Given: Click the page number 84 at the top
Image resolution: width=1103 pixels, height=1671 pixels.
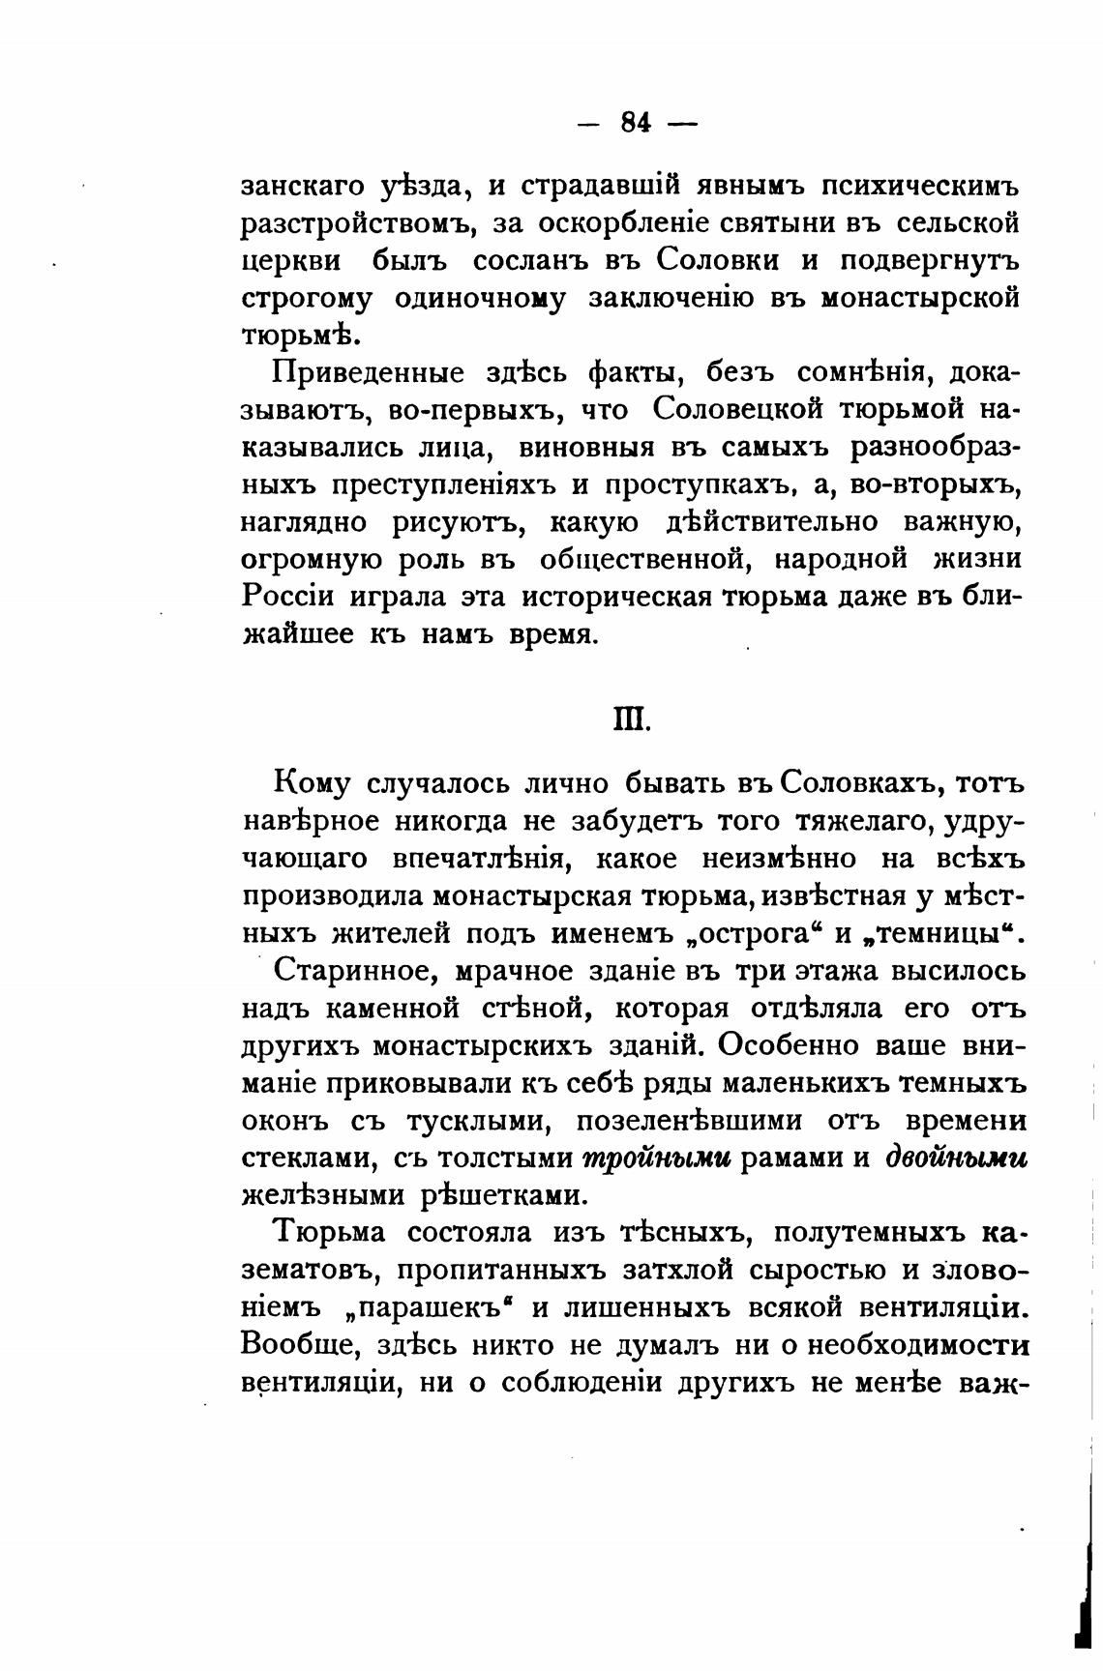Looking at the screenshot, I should pos(635,123).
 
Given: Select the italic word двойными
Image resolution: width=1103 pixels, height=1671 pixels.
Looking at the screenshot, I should pos(957,1158).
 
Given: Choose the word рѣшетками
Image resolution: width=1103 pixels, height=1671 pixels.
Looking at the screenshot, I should pos(502,1196).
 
